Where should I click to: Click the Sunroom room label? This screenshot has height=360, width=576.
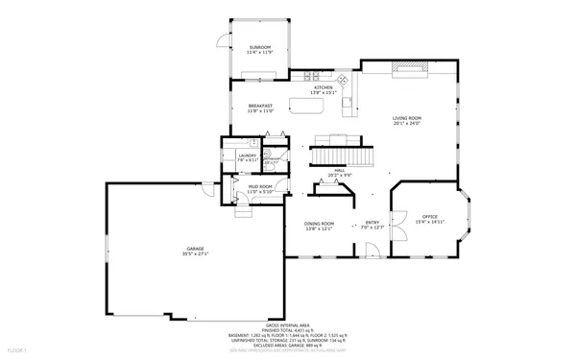click(260, 47)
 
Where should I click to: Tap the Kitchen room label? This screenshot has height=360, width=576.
click(323, 87)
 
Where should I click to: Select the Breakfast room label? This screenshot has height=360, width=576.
click(261, 106)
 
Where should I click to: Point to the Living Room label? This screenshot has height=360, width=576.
click(407, 118)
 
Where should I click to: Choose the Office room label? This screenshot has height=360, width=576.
click(430, 217)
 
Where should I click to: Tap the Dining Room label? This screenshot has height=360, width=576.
click(320, 224)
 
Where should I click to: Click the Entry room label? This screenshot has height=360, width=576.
click(372, 222)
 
